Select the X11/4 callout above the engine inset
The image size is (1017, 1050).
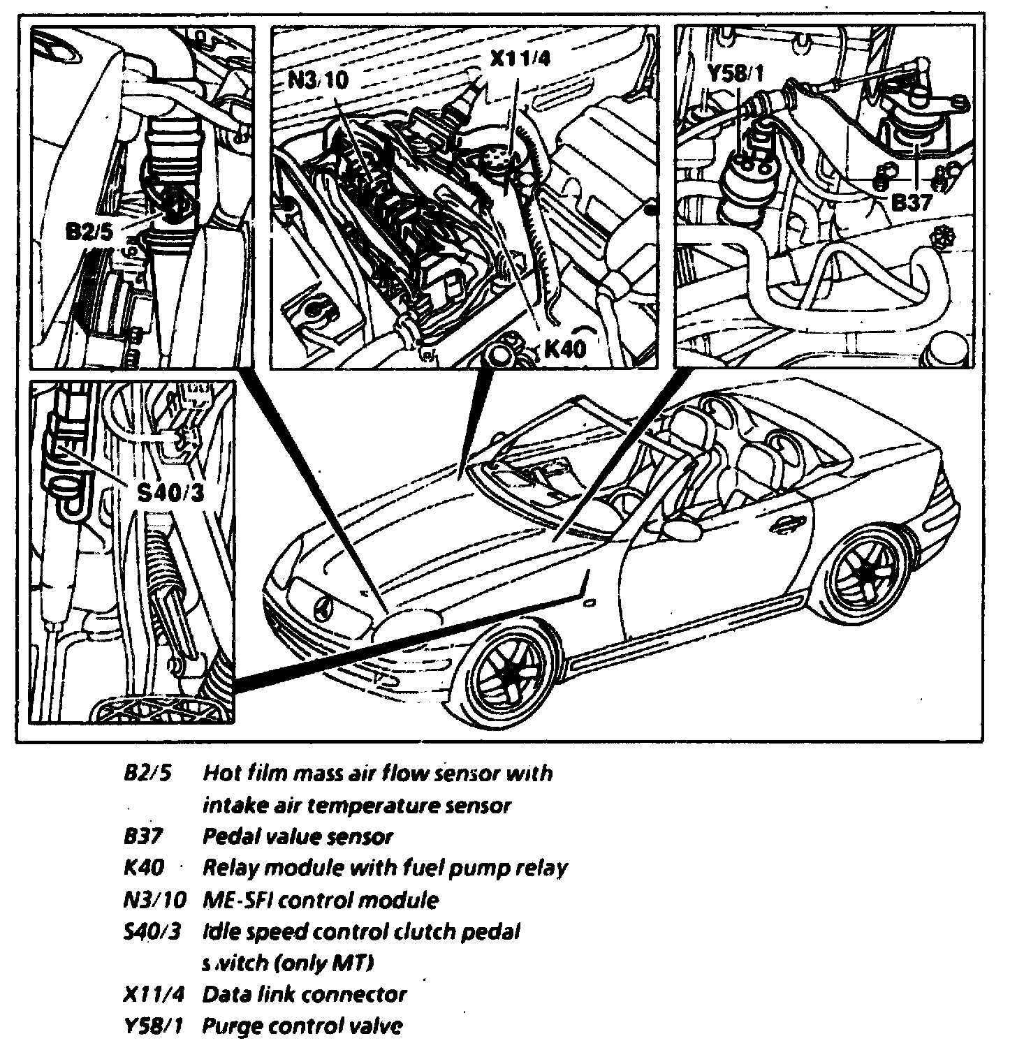point(520,57)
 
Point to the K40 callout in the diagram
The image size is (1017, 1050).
point(564,348)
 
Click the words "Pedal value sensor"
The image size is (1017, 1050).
point(298,836)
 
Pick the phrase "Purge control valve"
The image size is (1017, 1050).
point(302,1026)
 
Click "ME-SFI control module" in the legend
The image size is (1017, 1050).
point(321,900)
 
